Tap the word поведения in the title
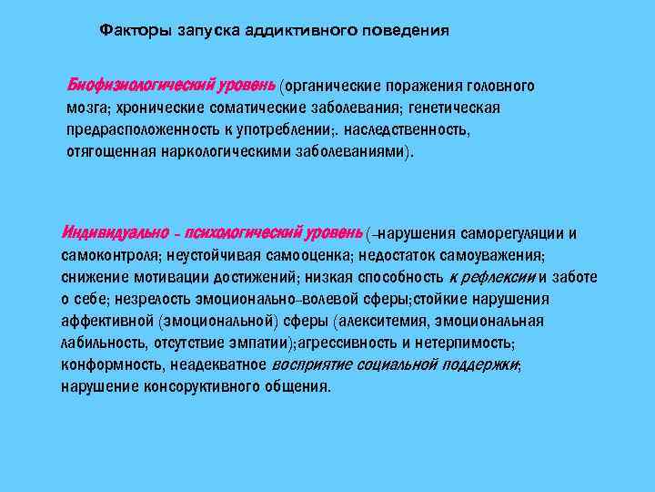click(407, 30)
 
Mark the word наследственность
click(397, 129)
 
